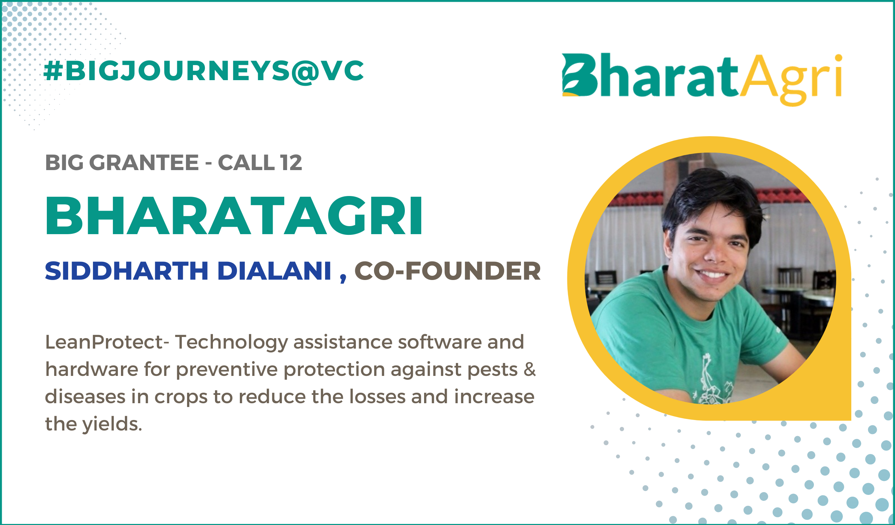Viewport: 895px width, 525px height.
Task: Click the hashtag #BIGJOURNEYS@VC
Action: point(203,71)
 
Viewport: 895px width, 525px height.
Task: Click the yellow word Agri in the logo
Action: point(791,79)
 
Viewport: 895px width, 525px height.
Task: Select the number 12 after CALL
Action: point(291,163)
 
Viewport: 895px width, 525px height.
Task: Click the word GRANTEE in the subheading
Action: point(144,163)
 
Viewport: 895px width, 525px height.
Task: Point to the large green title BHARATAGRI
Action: point(234,216)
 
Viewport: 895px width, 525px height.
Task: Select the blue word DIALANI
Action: point(274,271)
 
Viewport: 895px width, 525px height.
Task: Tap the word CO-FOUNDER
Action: point(447,271)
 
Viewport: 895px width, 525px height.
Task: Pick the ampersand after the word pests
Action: point(530,369)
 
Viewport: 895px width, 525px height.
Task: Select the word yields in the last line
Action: point(112,425)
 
